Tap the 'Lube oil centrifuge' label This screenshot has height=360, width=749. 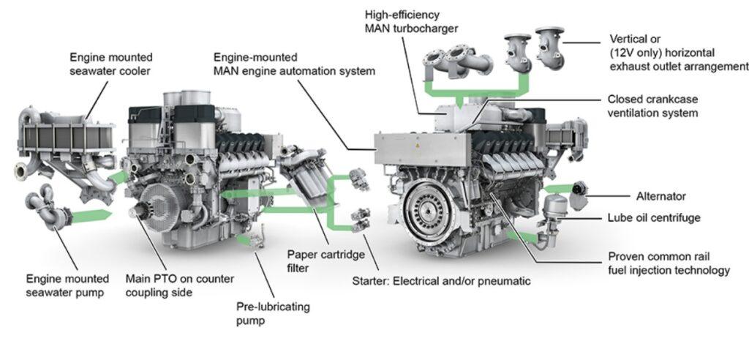coord(655,218)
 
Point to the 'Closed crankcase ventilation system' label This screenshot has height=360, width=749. coord(652,106)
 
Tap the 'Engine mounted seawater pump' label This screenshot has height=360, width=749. coord(67,285)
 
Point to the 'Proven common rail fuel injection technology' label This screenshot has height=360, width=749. coord(669,263)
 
